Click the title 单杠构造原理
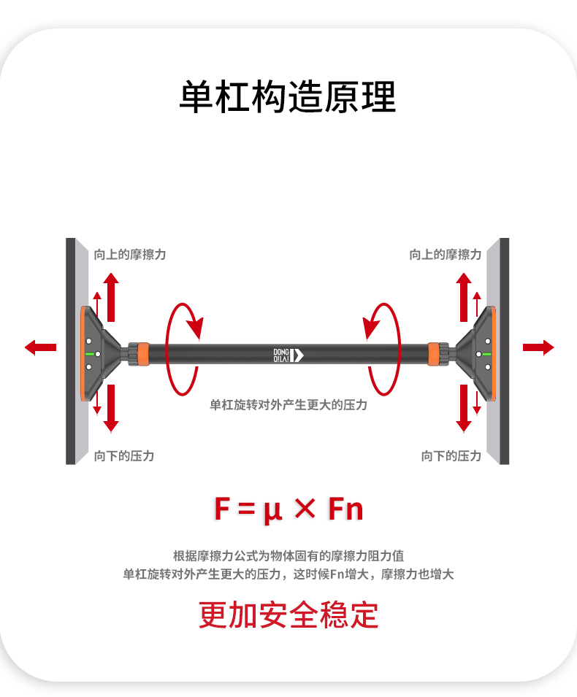288,97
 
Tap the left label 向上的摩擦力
130,255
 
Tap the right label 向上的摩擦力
446,255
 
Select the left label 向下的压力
124,456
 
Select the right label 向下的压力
451,456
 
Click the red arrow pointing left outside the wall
40,347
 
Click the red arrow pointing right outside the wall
538,347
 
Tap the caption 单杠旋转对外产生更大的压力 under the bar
288,404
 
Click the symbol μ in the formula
272,509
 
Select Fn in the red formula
345,509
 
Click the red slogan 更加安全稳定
288,615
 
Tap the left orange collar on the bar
143,353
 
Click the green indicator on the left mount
91,353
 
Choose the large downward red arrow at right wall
464,407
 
